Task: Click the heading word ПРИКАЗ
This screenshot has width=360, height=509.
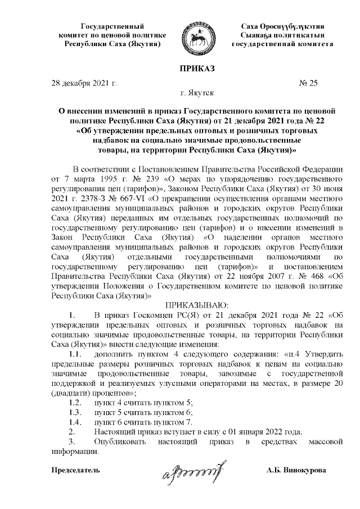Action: pos(197,69)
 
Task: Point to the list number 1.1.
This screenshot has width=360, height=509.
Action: pos(75,355)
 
